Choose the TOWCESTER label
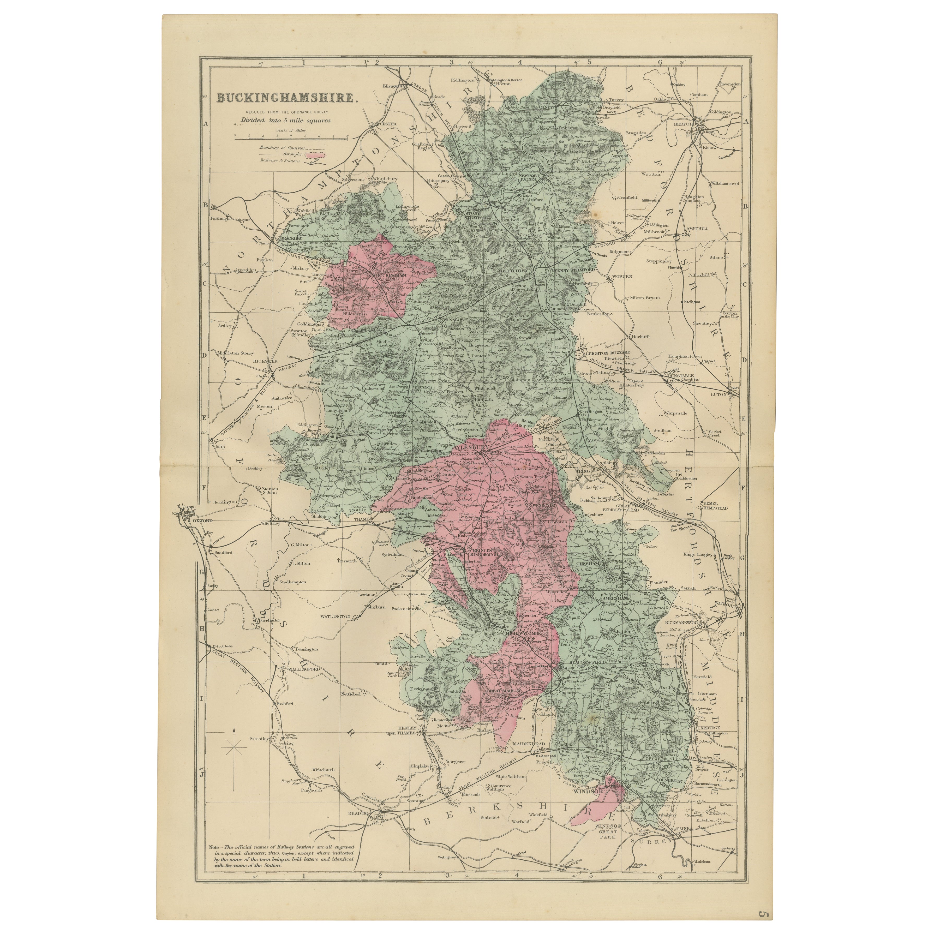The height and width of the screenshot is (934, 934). pyautogui.click(x=383, y=124)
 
